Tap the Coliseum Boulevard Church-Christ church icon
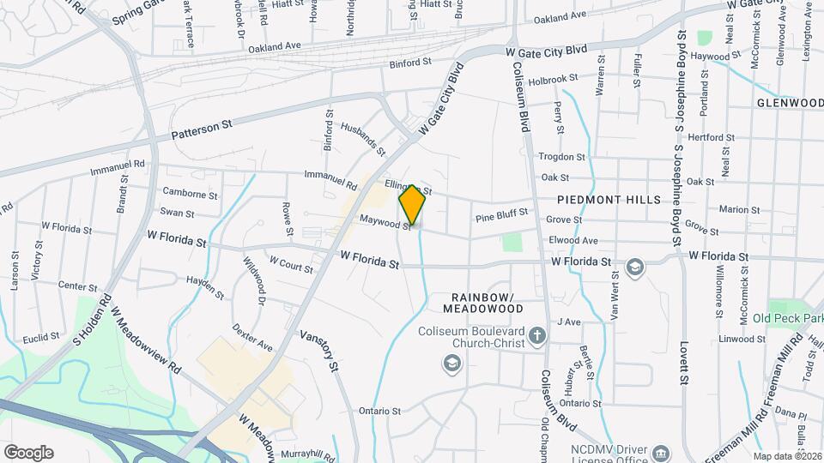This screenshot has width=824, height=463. tap(536, 334)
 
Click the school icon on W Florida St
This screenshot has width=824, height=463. tap(634, 267)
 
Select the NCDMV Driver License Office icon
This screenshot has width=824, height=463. tap(660, 452)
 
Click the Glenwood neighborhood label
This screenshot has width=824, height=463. tap(790, 103)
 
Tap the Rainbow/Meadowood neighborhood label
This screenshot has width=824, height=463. tap(482, 301)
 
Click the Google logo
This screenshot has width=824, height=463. tap(28, 452)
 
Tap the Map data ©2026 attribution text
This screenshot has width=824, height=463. tap(787, 456)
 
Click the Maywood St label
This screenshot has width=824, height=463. tap(385, 223)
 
